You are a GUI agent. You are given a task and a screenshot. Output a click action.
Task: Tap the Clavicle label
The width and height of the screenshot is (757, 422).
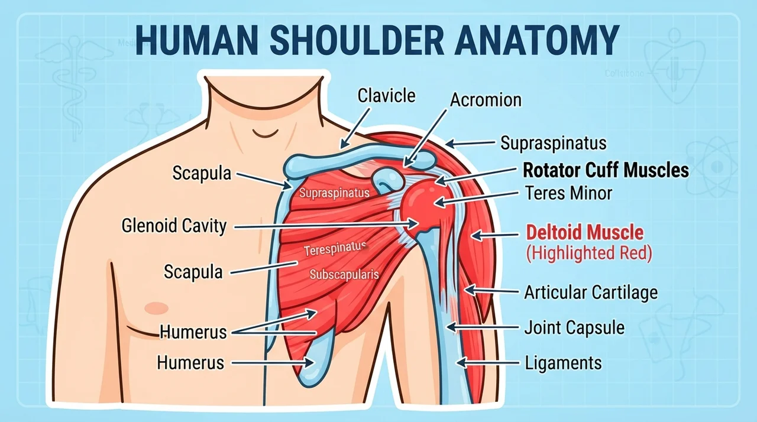pyautogui.click(x=386, y=96)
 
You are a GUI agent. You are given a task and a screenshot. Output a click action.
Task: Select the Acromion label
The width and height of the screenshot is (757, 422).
pyautogui.click(x=486, y=100)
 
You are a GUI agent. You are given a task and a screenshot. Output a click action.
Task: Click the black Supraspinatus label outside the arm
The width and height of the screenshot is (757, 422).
pyautogui.click(x=553, y=143)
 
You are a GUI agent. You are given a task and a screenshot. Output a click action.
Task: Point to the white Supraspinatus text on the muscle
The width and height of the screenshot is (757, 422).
pyautogui.click(x=334, y=193)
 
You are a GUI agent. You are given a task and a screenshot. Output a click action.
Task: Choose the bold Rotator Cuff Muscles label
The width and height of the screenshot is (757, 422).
pyautogui.click(x=606, y=170)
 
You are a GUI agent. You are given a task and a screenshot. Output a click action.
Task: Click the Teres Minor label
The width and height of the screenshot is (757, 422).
pyautogui.click(x=569, y=193)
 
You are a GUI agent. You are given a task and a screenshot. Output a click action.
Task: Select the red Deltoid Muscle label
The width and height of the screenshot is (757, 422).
pyautogui.click(x=585, y=233)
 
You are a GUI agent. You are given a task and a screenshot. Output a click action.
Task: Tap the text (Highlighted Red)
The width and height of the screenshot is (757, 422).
pyautogui.click(x=589, y=253)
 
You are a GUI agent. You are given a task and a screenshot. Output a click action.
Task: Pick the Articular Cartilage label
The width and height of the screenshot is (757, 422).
pyautogui.click(x=591, y=293)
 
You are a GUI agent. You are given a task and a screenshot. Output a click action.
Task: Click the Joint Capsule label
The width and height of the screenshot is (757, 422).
pyautogui.click(x=574, y=328)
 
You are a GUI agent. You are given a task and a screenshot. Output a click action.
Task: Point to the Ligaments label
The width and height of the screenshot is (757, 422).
pyautogui.click(x=564, y=363)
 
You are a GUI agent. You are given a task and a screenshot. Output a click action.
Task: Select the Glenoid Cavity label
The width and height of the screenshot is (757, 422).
pyautogui.click(x=174, y=226)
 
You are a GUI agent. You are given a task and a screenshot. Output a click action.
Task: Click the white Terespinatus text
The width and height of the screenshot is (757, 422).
pyautogui.click(x=335, y=249)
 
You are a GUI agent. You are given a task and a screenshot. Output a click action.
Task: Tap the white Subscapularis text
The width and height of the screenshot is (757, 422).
pyautogui.click(x=344, y=275)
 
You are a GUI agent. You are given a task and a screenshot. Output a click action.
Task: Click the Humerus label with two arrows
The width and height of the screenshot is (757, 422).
pyautogui.click(x=193, y=332)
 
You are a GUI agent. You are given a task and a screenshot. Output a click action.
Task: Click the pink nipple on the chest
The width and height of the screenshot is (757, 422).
pyautogui.click(x=157, y=309)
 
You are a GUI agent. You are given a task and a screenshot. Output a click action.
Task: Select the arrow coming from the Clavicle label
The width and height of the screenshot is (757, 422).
pyautogui.click(x=354, y=129)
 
